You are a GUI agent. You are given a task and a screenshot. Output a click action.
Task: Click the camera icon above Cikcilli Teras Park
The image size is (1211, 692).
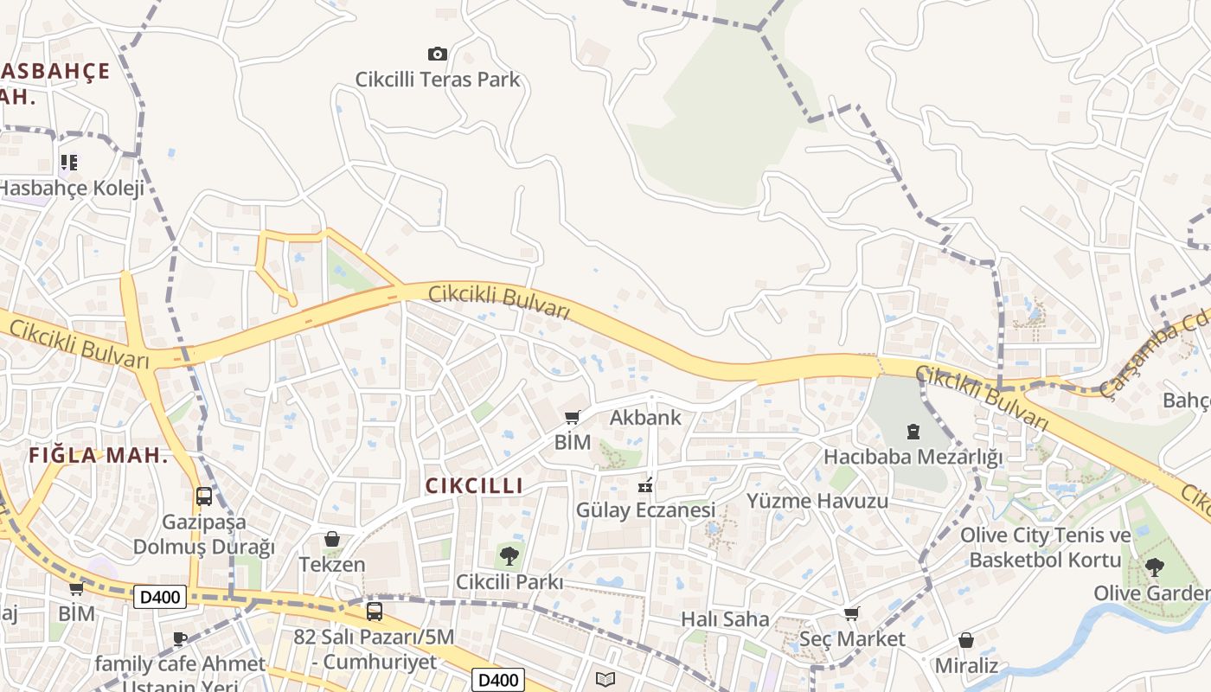[438, 54]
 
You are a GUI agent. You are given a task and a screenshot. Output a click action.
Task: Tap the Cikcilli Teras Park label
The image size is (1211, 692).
[438, 80]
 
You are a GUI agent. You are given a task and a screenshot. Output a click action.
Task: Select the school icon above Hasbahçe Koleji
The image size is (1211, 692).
[69, 162]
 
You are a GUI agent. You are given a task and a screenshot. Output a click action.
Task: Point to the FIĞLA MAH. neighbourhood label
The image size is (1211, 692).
[98, 455]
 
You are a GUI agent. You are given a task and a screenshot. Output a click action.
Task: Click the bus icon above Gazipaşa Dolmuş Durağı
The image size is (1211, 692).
[204, 497]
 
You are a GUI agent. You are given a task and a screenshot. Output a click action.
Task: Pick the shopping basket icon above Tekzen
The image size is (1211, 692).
[332, 539]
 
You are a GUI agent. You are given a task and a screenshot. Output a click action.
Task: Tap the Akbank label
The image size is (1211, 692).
[645, 418]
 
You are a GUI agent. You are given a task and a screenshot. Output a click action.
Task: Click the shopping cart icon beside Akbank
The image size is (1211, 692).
[572, 419]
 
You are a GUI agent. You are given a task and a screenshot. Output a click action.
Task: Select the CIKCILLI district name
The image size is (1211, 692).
[474, 486]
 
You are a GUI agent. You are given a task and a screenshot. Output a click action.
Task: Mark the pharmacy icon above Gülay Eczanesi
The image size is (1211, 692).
[645, 484]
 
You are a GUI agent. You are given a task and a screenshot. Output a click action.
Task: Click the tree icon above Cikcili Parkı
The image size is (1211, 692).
[509, 555]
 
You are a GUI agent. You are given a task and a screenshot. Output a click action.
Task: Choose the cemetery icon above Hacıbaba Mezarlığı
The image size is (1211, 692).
[913, 431]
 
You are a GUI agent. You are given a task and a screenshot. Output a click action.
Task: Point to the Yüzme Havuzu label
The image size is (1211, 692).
[817, 501]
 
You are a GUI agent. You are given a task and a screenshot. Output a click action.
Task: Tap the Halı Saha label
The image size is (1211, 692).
[725, 619]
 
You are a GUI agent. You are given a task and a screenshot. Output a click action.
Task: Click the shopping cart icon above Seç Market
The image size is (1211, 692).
[852, 614]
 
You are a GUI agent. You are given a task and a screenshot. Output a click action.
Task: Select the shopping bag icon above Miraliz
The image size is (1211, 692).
[966, 641]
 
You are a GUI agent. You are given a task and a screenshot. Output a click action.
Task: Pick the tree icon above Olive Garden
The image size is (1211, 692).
[1154, 567]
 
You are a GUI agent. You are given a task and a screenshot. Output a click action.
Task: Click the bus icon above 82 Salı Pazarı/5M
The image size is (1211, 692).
[375, 612]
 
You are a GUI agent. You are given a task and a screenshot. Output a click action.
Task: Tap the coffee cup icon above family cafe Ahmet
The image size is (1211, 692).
[180, 639]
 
